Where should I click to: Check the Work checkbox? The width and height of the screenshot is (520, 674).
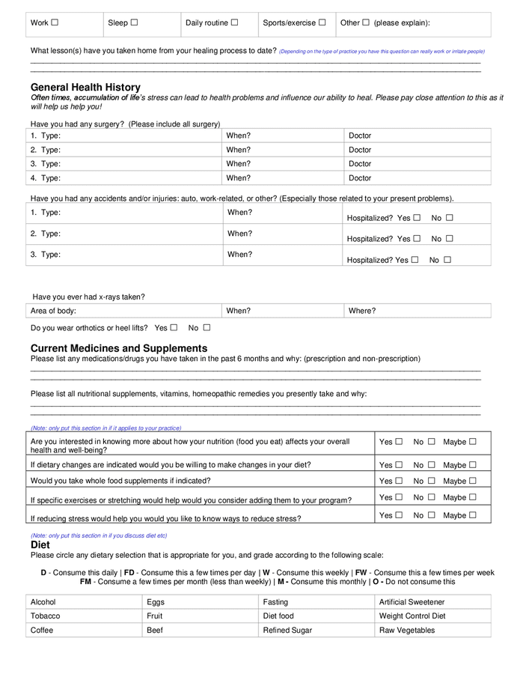point(55,22)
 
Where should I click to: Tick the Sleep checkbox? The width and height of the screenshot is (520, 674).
point(134,22)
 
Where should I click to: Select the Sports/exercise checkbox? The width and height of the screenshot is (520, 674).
point(322,22)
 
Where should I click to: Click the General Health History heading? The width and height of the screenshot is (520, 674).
point(85,88)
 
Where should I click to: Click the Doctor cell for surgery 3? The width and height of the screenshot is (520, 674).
point(417,164)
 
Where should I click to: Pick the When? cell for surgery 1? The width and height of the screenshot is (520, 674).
point(283,136)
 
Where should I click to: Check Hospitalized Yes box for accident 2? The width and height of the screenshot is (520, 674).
point(416,239)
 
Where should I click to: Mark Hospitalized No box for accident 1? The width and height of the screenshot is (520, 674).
point(450,218)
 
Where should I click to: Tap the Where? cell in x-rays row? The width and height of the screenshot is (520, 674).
point(417,311)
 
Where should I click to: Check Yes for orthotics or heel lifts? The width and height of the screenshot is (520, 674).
point(174,327)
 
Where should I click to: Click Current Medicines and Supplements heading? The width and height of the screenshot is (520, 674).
point(119,348)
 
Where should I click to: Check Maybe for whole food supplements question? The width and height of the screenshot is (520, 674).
point(472,481)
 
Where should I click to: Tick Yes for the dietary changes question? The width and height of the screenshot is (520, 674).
point(399,465)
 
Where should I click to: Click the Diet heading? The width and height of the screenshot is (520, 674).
point(40,545)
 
